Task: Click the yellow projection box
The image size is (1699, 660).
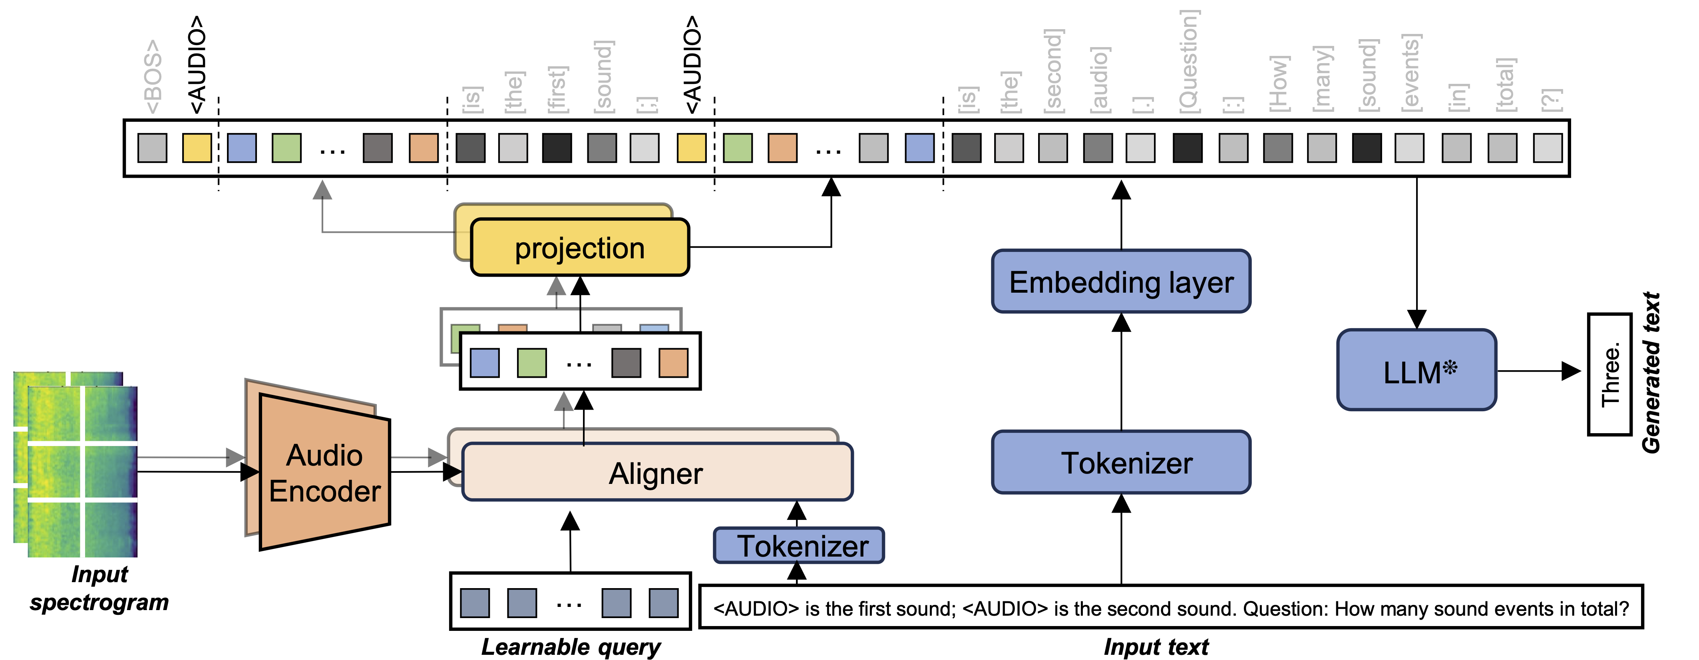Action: click(579, 248)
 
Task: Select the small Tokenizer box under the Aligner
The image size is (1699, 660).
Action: click(799, 546)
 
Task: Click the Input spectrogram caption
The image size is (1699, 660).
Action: click(99, 588)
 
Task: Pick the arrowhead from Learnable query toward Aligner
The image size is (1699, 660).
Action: click(570, 521)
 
